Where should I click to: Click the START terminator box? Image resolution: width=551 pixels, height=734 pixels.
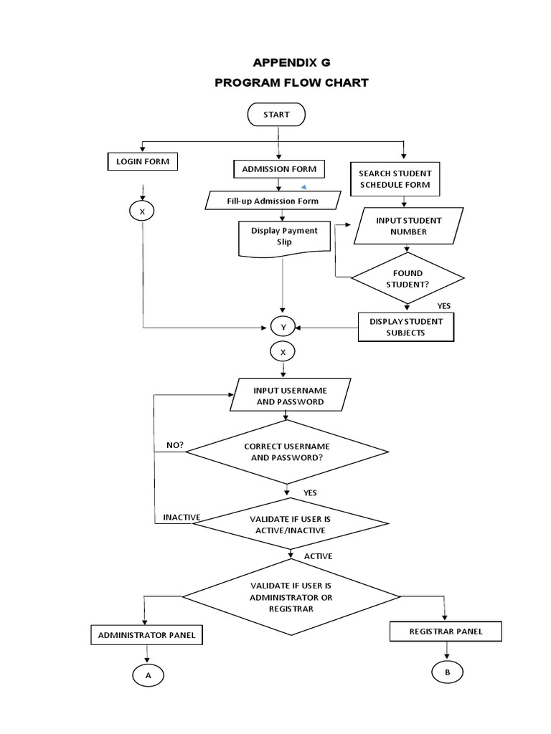(276, 115)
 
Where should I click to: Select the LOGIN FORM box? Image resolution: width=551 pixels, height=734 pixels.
(143, 162)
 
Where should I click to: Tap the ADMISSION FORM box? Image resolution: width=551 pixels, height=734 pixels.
(279, 169)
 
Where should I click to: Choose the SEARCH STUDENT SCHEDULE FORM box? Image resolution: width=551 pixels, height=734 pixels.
(395, 179)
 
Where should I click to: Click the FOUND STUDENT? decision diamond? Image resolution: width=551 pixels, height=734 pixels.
(408, 278)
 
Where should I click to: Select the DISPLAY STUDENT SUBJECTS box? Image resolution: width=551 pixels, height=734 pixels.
(406, 327)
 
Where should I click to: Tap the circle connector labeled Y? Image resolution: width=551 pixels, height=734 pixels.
(283, 328)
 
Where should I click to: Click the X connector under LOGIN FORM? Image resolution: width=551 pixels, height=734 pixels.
(142, 211)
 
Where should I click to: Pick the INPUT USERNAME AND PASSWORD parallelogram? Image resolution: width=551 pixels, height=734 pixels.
(290, 396)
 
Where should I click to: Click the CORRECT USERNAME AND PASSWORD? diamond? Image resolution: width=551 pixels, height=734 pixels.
(287, 452)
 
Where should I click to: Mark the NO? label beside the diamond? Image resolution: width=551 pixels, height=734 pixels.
(175, 445)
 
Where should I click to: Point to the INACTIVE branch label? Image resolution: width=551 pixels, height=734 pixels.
(182, 518)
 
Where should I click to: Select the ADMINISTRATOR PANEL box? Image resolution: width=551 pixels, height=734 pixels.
(146, 635)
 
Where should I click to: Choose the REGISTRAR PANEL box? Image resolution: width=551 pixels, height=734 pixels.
(446, 631)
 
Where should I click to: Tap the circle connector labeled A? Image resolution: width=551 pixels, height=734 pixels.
(148, 675)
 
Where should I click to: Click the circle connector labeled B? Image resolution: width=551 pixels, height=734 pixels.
(447, 672)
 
